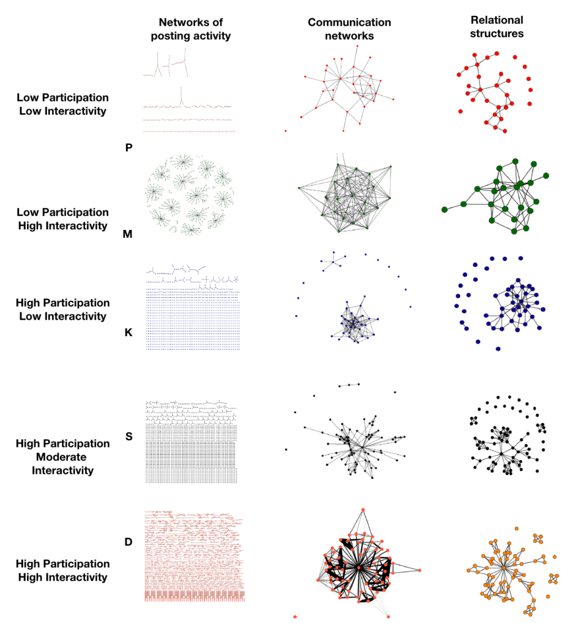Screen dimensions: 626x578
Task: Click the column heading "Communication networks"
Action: pos(349,29)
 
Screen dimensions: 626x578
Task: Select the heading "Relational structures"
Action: pos(497,27)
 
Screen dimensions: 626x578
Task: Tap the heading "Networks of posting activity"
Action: pos(195,29)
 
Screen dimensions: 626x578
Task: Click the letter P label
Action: pos(129,147)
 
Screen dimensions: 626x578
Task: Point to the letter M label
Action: pos(127,234)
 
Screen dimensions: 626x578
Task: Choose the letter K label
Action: pos(128,333)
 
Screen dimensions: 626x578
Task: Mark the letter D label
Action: pos(128,542)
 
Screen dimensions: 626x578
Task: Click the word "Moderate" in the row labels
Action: pos(62,457)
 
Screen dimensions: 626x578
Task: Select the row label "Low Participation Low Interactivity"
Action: pos(62,104)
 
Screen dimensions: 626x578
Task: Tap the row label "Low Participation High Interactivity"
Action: pos(62,219)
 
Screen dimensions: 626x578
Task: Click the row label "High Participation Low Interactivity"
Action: pos(62,309)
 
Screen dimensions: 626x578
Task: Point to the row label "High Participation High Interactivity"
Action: pos(62,570)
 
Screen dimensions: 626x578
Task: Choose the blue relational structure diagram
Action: pos(502,303)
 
